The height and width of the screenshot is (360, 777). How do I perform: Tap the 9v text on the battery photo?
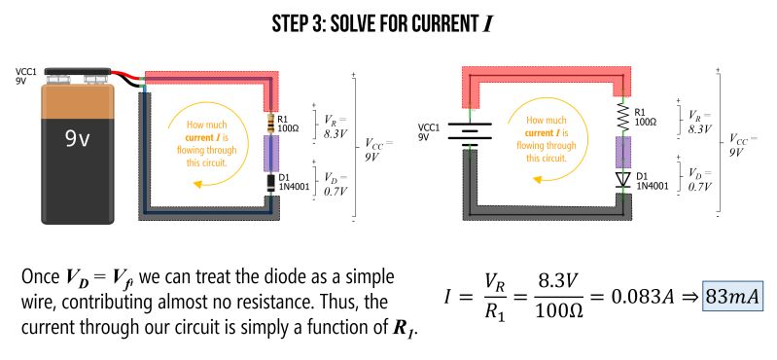78,139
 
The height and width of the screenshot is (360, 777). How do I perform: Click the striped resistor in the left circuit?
270,124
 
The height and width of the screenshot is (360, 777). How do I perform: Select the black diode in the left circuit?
270,181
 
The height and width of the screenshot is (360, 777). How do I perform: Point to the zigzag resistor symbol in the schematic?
622,118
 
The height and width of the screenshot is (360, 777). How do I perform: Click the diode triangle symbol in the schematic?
622,181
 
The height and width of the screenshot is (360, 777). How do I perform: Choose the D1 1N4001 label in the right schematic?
652,180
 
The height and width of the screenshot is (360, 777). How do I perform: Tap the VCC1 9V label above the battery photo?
26,76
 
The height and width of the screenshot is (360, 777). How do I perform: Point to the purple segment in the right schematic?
622,151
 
